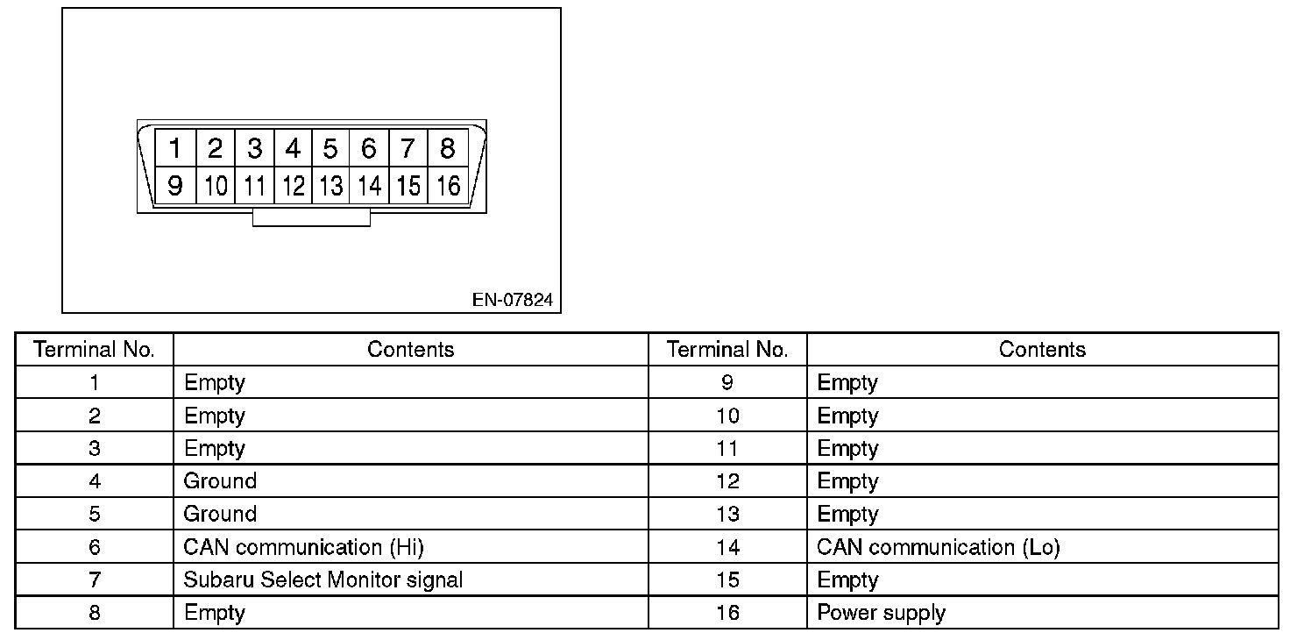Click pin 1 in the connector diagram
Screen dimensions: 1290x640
click(x=175, y=148)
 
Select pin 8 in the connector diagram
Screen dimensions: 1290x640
click(x=447, y=148)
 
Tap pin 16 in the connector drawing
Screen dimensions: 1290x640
click(x=447, y=186)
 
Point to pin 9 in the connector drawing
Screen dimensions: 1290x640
click(x=175, y=186)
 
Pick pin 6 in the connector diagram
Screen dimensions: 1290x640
click(x=369, y=148)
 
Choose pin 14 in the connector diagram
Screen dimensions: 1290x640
click(x=369, y=186)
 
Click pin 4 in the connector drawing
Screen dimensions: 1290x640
click(x=293, y=148)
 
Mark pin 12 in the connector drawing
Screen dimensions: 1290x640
click(x=293, y=186)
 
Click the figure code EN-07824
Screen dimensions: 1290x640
click(x=513, y=300)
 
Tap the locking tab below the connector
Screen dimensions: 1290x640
click(x=311, y=217)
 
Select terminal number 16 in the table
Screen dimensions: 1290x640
click(x=727, y=612)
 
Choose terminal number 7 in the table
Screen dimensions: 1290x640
click(x=95, y=580)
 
